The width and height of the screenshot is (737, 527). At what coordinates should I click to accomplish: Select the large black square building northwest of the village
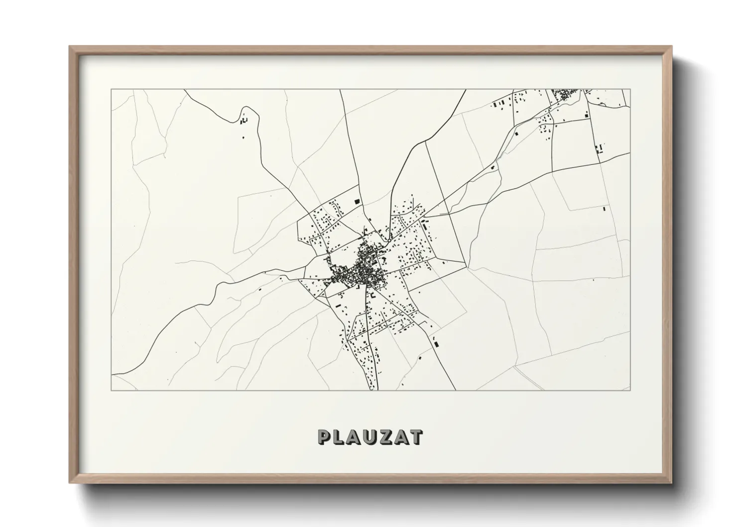tap(357, 201)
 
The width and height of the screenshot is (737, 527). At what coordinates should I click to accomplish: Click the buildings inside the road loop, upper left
tap(244, 121)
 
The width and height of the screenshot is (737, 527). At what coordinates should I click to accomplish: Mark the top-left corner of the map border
tap(111, 90)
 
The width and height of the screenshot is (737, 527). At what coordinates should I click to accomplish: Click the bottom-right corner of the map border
tap(630, 390)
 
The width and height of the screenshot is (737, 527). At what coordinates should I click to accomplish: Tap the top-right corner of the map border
tap(630, 90)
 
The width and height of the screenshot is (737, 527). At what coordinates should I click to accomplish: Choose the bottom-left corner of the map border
tap(111, 390)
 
